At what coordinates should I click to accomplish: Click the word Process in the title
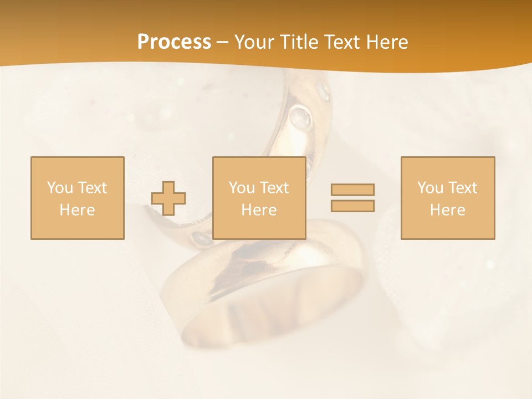[174, 42]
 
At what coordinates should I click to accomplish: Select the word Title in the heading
[299, 42]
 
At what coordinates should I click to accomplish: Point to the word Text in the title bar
[344, 42]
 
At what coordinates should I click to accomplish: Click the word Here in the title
[387, 42]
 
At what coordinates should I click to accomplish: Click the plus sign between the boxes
[168, 198]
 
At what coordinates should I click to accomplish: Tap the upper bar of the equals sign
[352, 190]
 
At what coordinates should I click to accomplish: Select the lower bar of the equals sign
[352, 206]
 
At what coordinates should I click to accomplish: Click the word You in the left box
[60, 187]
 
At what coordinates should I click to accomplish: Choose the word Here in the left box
[77, 209]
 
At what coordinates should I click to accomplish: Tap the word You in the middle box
[242, 187]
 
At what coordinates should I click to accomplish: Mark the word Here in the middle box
[259, 209]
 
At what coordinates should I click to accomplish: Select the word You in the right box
[430, 187]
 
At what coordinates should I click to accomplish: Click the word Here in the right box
[447, 209]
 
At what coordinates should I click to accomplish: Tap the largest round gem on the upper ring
[300, 116]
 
